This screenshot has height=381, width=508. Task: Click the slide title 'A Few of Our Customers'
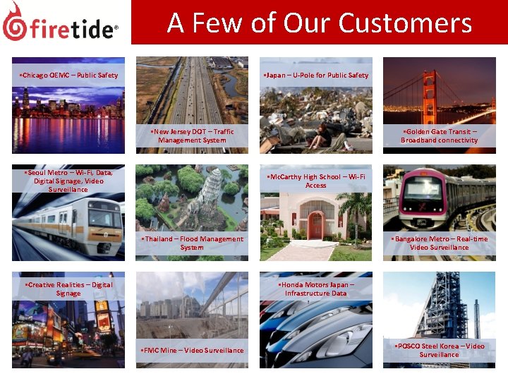pyautogui.click(x=319, y=23)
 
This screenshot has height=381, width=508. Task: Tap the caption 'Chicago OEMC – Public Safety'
pyautogui.click(x=68, y=75)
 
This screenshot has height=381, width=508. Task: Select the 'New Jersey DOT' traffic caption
pyautogui.click(x=192, y=135)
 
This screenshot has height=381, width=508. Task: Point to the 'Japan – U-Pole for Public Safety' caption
pyautogui.click(x=315, y=75)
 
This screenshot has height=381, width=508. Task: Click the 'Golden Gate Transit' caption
pyautogui.click(x=439, y=135)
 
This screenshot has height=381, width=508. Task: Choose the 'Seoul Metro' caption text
pyautogui.click(x=68, y=181)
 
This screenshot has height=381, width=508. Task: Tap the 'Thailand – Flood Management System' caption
pyautogui.click(x=192, y=243)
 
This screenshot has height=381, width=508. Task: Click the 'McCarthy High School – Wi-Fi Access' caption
pyautogui.click(x=315, y=181)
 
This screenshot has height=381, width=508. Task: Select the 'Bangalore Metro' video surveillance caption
pyautogui.click(x=439, y=243)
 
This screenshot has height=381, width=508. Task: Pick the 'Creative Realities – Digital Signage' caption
pyautogui.click(x=68, y=289)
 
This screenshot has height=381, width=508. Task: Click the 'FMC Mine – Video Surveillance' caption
pyautogui.click(x=192, y=350)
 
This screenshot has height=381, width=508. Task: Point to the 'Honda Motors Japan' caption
pyautogui.click(x=315, y=289)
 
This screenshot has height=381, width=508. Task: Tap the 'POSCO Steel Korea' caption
pyautogui.click(x=439, y=350)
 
